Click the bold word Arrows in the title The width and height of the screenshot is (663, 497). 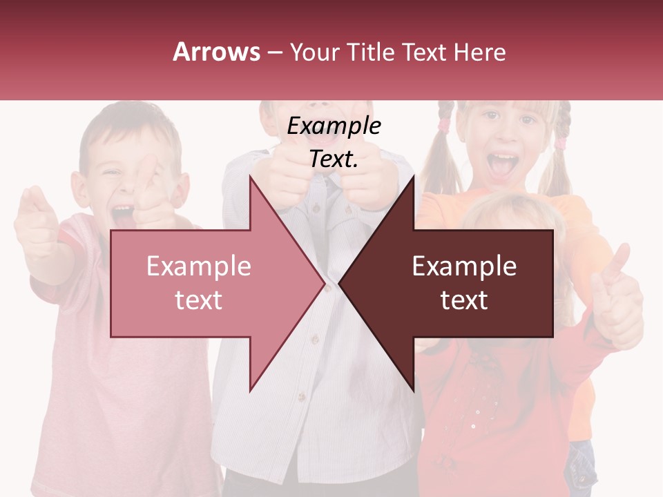[x=217, y=52]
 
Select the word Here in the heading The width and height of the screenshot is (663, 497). [x=479, y=52]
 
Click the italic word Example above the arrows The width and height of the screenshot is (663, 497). [x=334, y=126]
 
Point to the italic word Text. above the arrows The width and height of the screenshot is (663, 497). [x=334, y=159]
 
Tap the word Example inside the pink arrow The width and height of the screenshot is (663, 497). [x=199, y=266]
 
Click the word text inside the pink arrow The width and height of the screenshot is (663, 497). [x=199, y=300]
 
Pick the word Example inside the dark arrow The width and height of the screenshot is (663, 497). [x=464, y=266]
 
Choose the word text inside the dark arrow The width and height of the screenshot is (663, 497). [x=464, y=300]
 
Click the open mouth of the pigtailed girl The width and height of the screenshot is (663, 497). [x=502, y=165]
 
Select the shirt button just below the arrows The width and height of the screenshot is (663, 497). [x=300, y=396]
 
